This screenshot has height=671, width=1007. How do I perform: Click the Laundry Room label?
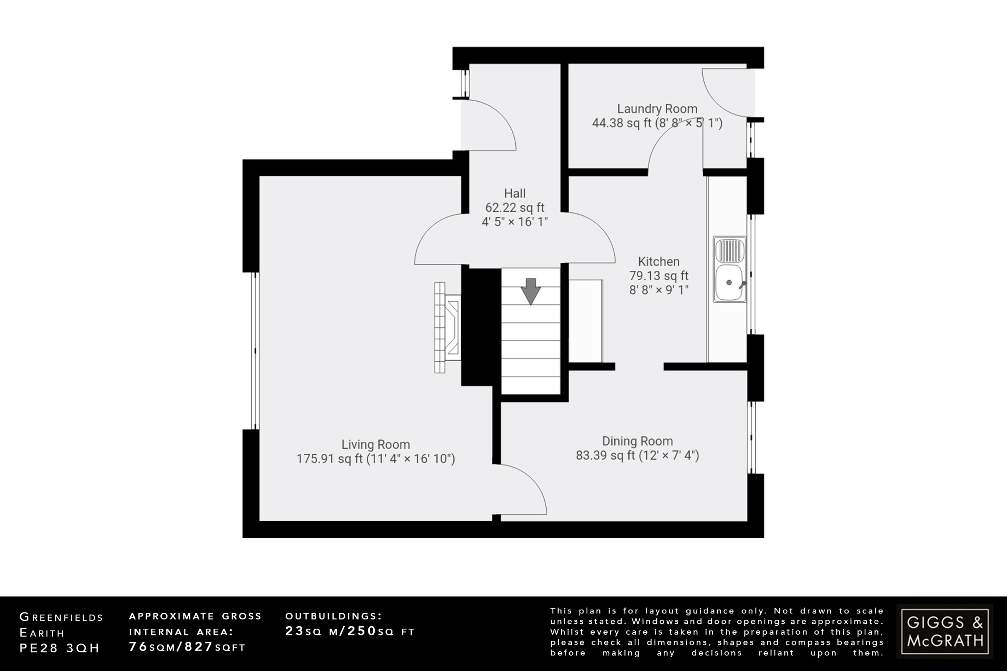(x=657, y=109)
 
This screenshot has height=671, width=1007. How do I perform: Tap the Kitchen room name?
(x=658, y=262)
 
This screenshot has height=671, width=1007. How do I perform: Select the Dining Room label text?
(x=637, y=441)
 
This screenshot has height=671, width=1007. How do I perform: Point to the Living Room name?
(x=376, y=444)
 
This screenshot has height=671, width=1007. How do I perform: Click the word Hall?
(x=514, y=193)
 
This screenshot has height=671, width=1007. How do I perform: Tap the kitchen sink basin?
(x=729, y=283)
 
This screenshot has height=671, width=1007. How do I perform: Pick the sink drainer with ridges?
(x=730, y=250)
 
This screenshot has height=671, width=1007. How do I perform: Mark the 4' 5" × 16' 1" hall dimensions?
(x=514, y=222)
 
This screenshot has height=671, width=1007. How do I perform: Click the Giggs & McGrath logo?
(x=945, y=631)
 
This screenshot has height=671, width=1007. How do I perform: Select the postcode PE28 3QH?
(x=59, y=648)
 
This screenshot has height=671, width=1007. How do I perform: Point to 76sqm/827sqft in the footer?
(x=187, y=647)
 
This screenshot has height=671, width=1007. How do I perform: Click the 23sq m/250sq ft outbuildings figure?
(x=350, y=632)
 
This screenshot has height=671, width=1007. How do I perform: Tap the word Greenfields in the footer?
(x=61, y=617)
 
